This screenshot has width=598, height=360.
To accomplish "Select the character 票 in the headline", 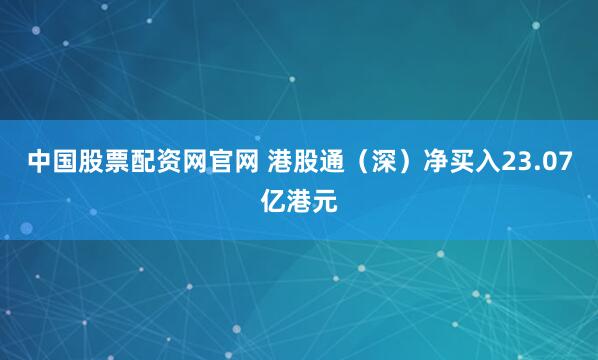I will (116, 163).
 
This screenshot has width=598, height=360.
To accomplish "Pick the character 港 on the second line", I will (299, 202).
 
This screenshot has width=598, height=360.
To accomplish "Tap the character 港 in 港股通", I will (279, 163).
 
